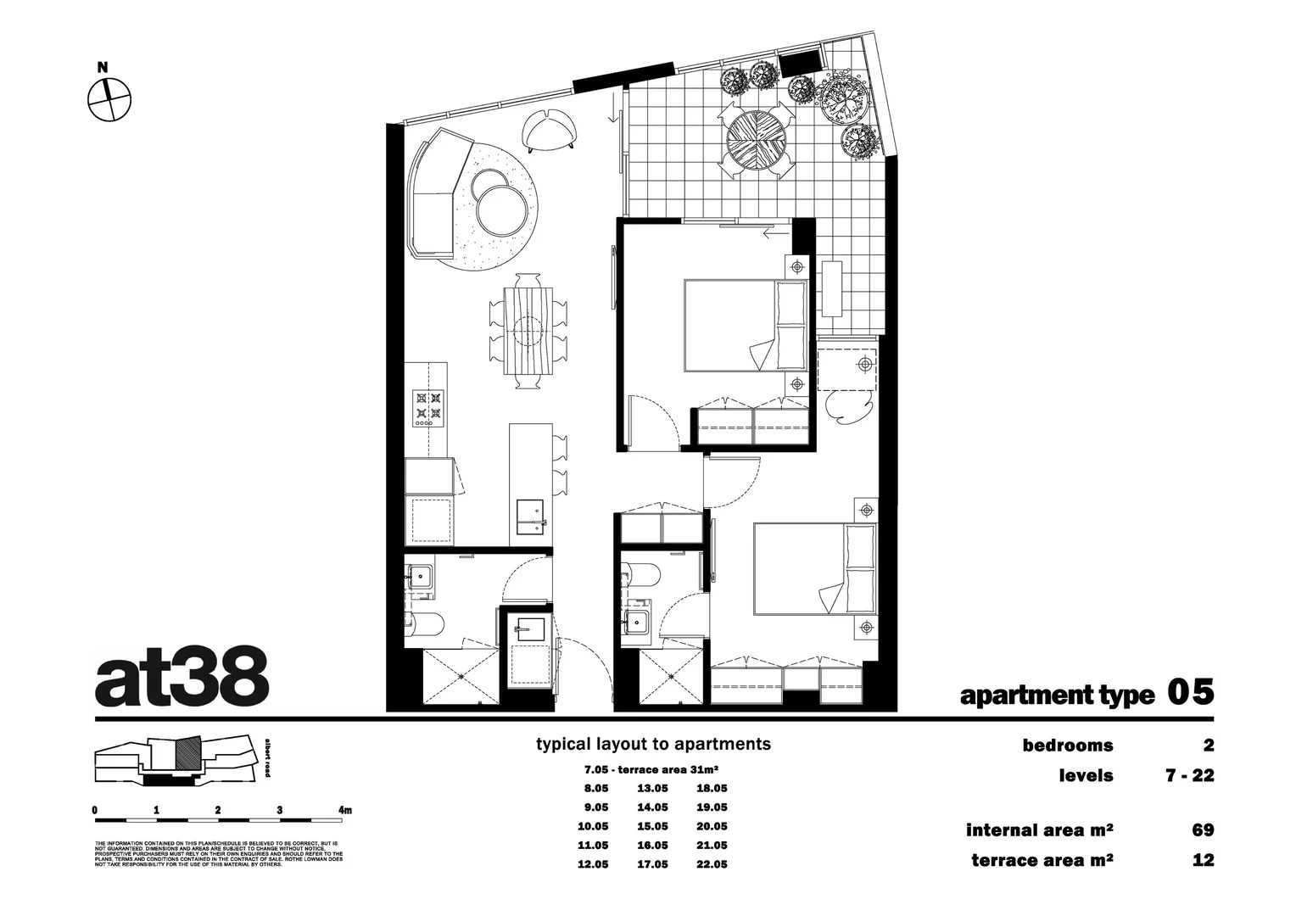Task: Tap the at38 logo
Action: pyautogui.click(x=182, y=679)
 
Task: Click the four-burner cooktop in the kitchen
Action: pyautogui.click(x=428, y=407)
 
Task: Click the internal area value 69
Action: pyautogui.click(x=1203, y=829)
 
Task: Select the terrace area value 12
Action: pyautogui.click(x=1203, y=860)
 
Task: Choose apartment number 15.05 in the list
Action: pyautogui.click(x=652, y=826)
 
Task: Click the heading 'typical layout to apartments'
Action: pyautogui.click(x=653, y=744)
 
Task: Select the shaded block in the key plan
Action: pyautogui.click(x=188, y=752)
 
